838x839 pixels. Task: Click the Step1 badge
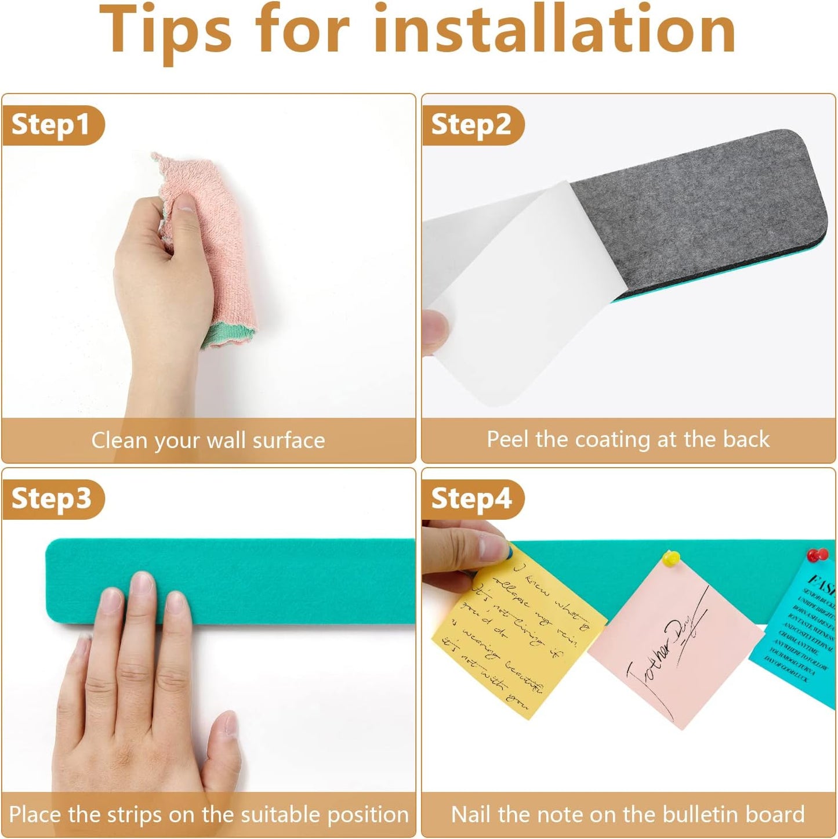51,125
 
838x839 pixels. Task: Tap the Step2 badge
471,125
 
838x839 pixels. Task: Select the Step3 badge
51,499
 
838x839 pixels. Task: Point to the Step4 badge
471,499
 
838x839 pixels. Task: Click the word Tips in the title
165,32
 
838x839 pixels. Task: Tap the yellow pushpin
671,558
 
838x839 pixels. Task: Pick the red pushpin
818,555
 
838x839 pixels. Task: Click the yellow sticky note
516,638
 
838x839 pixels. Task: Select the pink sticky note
676,644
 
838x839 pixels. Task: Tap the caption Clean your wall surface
208,440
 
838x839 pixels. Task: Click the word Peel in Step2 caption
507,439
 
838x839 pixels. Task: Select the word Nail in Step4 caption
471,814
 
